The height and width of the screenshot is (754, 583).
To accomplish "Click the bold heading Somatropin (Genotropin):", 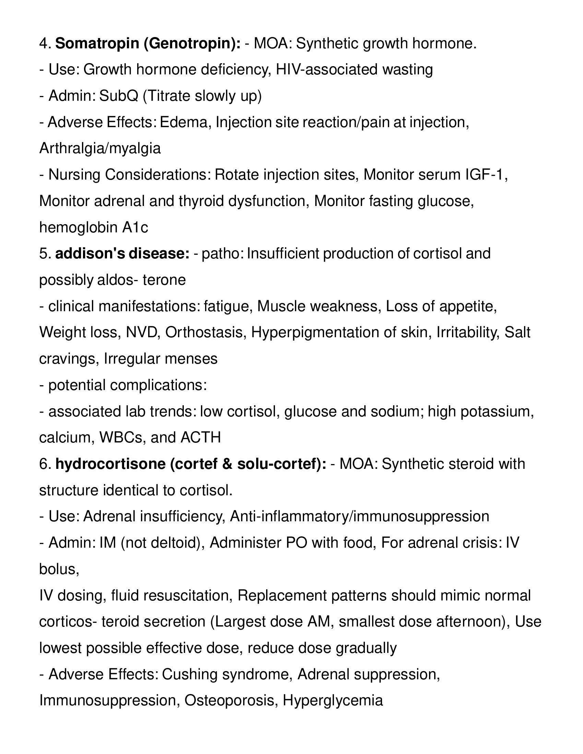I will click(148, 44).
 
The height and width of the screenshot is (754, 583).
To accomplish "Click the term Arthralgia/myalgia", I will click(100, 149).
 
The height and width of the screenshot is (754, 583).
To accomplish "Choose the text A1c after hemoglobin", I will click(135, 228).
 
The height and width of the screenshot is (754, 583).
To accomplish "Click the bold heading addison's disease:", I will click(122, 254).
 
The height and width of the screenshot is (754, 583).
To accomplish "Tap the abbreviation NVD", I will click(143, 332).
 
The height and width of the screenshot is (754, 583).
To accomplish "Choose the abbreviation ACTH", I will click(200, 438).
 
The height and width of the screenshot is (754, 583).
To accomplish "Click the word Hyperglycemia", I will click(333, 701).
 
